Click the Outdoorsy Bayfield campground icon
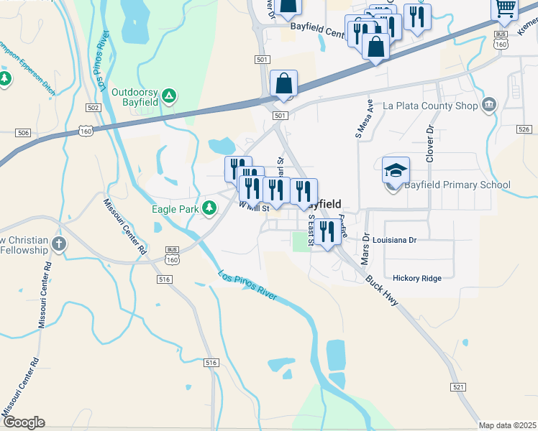click(x=168, y=95)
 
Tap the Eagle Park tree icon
click(x=209, y=209)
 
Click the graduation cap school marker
click(x=396, y=171)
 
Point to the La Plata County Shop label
click(x=430, y=106)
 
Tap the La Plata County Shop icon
click(x=490, y=106)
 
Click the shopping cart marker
click(x=505, y=9)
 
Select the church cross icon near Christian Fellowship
click(x=59, y=244)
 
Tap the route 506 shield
click(x=24, y=133)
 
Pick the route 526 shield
click(x=524, y=129)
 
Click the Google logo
click(x=24, y=422)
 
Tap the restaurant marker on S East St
click(x=327, y=231)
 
